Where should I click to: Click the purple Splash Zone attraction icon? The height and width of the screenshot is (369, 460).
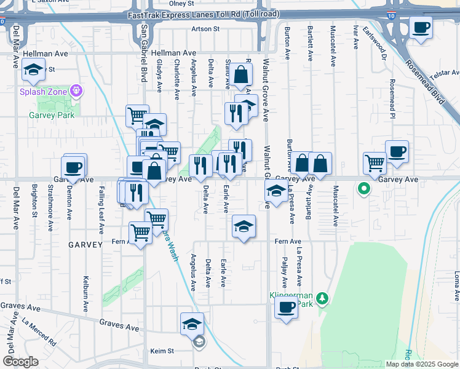(76, 92)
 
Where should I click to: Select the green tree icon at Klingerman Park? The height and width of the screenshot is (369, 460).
(323, 299)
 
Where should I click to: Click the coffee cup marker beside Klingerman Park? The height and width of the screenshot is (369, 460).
(286, 308)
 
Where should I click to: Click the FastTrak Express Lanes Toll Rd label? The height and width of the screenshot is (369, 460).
(204, 14)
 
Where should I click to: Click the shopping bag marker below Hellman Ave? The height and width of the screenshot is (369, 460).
(242, 76)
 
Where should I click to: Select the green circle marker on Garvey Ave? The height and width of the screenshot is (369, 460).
(364, 189)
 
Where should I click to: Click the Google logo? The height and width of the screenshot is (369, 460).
(20, 362)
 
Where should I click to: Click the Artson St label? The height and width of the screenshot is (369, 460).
(205, 29)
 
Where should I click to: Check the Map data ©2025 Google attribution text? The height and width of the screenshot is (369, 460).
(421, 364)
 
